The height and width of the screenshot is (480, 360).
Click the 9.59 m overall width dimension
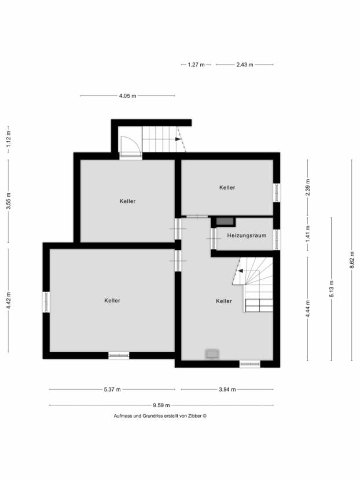pos(161,405)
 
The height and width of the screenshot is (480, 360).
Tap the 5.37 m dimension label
pos(112,389)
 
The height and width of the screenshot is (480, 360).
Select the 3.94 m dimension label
pos(227,389)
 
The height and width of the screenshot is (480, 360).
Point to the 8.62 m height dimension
pos(351,260)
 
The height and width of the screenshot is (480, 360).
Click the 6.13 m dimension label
pos(331,287)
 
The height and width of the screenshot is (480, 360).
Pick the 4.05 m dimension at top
pos(127,96)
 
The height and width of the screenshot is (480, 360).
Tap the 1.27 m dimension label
pos(196,65)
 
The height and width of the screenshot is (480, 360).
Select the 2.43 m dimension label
pos(245,65)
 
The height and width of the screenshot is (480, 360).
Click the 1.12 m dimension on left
pos(8,139)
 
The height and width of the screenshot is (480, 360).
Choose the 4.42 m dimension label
pos(8,300)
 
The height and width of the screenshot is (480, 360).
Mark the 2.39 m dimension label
pos(308,187)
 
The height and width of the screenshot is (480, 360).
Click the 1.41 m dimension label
pos(308,234)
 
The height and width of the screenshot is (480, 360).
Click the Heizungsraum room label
pos(247,235)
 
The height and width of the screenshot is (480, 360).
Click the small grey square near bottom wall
pos(212,353)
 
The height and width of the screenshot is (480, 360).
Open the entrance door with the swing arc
pos(130,145)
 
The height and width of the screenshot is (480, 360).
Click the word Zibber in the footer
pos(193,415)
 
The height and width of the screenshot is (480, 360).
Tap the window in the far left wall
pos(46,302)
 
